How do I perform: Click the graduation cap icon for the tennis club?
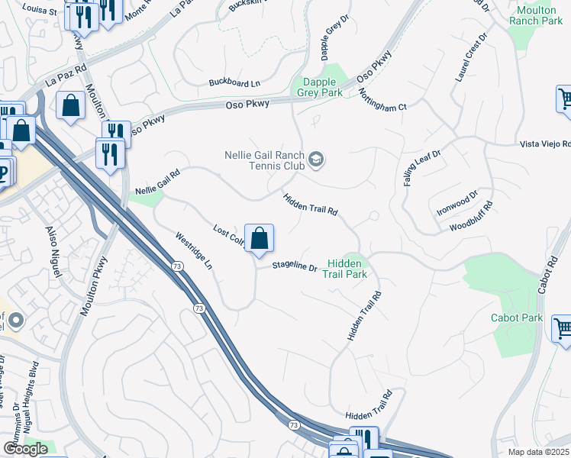pos(316,160)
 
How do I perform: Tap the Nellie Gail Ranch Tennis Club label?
pos(264,160)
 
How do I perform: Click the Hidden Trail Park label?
pos(344,269)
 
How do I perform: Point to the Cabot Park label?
pos(517,318)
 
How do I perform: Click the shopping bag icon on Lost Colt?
pos(260,238)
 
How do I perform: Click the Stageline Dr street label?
pos(295,266)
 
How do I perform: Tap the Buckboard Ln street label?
pos(234,82)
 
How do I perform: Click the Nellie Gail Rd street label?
pos(157,182)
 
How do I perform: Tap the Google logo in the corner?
pos(25,449)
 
